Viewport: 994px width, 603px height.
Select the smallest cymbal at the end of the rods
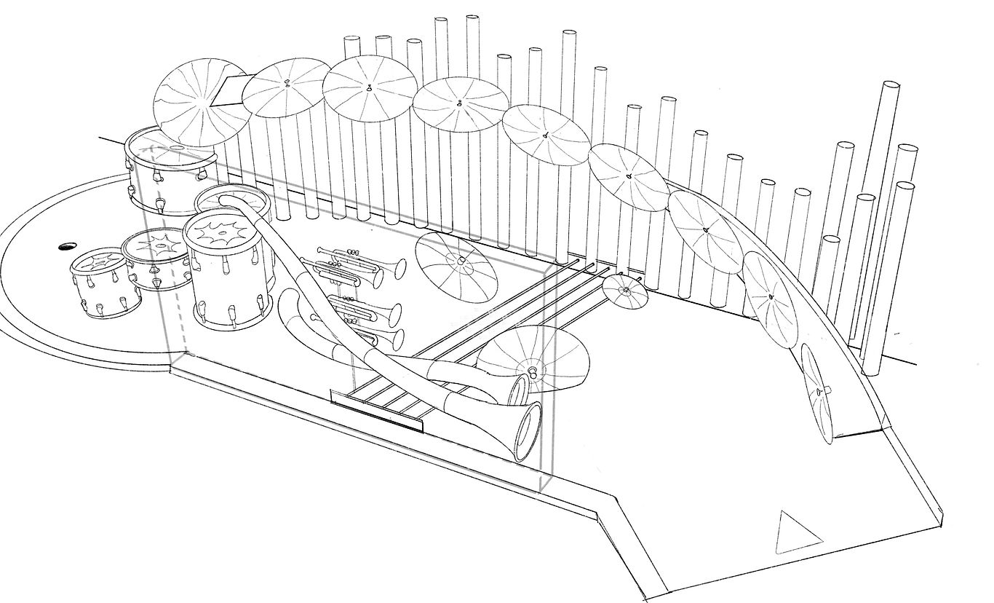[624, 291]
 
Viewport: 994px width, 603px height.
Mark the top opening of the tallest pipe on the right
[891, 85]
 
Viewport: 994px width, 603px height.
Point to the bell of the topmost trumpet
[399, 268]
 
